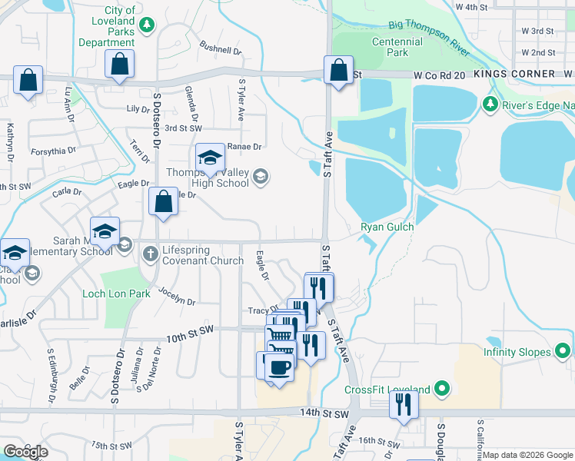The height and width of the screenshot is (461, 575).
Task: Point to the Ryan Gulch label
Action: tap(387, 227)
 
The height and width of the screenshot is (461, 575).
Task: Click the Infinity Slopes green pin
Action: tap(563, 352)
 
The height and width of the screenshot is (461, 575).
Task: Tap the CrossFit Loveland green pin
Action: tap(442, 389)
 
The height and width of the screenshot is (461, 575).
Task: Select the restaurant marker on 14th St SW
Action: tap(404, 404)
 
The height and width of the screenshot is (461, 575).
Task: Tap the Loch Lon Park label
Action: tap(117, 294)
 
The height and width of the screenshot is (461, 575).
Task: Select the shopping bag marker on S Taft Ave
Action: tap(338, 71)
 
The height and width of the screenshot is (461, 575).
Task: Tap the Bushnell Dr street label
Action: tap(221, 49)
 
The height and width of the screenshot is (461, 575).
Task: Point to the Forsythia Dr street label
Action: tap(53, 151)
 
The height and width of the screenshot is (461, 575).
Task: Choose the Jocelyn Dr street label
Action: tap(177, 296)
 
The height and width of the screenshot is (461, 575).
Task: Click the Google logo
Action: tap(25, 453)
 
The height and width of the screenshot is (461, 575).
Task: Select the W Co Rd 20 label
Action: tap(439, 75)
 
